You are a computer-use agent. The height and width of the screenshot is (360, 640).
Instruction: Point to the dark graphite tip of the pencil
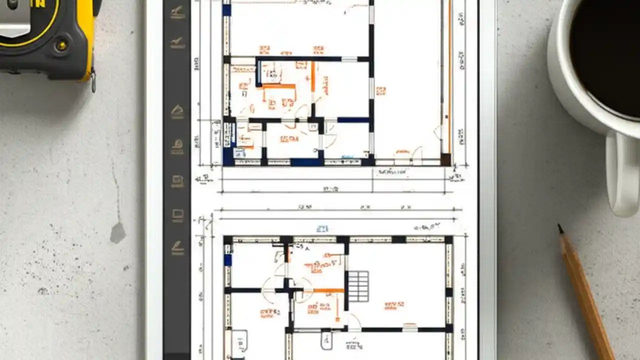560,228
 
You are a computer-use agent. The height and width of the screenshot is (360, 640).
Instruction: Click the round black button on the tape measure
62,45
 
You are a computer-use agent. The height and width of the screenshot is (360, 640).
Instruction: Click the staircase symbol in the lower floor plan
358,286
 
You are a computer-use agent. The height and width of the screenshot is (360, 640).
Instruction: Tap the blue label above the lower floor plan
322,228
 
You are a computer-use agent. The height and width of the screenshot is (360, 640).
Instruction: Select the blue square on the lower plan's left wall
227,259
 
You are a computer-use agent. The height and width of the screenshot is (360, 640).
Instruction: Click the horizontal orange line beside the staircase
328,290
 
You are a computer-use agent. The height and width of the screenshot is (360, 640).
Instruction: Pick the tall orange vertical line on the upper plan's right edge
449,75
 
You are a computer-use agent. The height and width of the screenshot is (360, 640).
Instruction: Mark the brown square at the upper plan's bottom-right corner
445,159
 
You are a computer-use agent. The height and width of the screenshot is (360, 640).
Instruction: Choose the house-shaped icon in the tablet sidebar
177,111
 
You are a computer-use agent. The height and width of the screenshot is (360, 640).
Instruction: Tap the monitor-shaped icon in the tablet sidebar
177,215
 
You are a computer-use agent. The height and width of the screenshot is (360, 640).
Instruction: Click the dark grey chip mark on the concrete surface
117,233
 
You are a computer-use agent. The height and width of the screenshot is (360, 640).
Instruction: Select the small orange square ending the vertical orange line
337,318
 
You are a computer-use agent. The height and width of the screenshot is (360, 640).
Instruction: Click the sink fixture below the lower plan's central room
325,340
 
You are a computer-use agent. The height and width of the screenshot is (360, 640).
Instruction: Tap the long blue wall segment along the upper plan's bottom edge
306,162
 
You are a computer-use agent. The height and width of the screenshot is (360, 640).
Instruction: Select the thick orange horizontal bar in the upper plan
278,86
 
